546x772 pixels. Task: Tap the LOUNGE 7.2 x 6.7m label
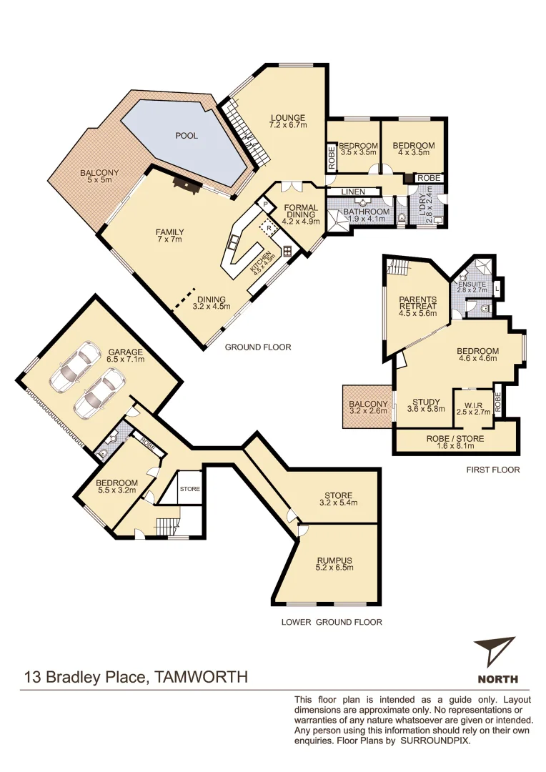(x=288, y=122)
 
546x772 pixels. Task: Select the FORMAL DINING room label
(x=300, y=214)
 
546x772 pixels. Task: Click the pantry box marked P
(x=264, y=204)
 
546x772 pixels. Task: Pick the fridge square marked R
(x=268, y=227)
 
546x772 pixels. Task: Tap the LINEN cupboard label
(x=353, y=192)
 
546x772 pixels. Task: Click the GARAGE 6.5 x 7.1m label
(x=126, y=355)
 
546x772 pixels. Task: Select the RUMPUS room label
(x=335, y=564)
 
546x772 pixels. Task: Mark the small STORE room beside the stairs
(x=190, y=489)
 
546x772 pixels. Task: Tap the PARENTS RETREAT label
(x=417, y=305)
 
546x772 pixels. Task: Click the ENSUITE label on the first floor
(x=472, y=285)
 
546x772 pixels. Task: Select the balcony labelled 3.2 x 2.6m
(x=368, y=407)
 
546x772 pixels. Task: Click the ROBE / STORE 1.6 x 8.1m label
(x=455, y=442)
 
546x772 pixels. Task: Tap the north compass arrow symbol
(x=495, y=650)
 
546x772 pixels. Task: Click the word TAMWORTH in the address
(x=201, y=676)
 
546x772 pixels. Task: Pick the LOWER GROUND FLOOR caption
(x=332, y=622)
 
